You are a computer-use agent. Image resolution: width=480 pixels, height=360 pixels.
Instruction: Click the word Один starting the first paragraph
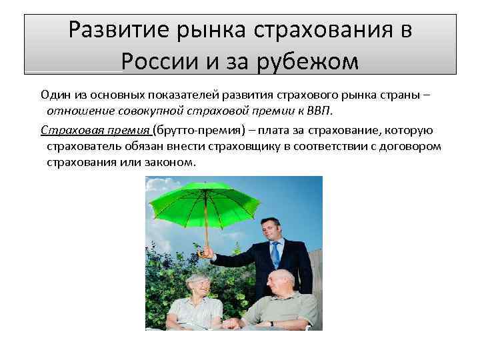55,94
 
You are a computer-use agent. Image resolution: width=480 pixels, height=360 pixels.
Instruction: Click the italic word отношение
75,109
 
